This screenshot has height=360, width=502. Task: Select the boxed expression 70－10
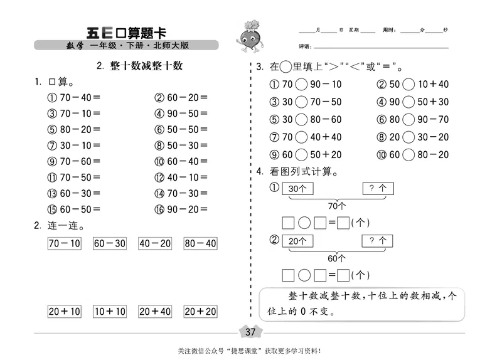[64, 243]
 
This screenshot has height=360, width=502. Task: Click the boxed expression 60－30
[110, 243]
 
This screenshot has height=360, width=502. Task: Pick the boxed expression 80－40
[200, 243]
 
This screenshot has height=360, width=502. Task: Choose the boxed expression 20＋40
[155, 311]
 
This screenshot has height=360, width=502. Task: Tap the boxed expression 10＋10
[110, 311]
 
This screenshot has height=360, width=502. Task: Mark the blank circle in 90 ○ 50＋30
[409, 102]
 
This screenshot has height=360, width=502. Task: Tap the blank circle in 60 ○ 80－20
[409, 155]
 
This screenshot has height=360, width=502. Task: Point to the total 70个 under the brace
[338, 205]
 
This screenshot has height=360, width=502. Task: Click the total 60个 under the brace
[338, 257]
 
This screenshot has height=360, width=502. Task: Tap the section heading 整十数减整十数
[140, 66]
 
